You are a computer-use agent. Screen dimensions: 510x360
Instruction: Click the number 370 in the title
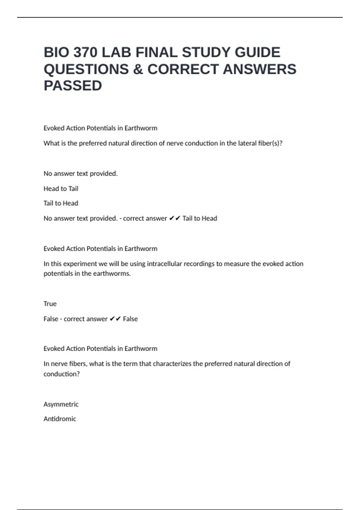(x=85, y=52)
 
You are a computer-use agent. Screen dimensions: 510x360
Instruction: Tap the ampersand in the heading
(x=138, y=69)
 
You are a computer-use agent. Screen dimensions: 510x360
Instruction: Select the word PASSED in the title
(x=73, y=86)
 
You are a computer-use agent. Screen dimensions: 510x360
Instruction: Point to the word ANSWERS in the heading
(x=259, y=69)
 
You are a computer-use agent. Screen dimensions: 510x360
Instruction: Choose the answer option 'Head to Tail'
(x=61, y=189)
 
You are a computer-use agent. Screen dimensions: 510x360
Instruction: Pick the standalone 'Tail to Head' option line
(x=61, y=203)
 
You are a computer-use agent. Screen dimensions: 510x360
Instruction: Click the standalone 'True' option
(x=50, y=304)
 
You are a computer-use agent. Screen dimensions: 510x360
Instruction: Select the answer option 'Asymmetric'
(x=61, y=404)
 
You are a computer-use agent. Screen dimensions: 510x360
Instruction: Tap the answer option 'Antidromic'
(x=60, y=419)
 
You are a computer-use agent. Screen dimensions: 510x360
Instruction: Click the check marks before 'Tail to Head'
(x=175, y=218)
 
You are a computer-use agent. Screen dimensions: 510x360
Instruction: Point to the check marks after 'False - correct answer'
(x=115, y=319)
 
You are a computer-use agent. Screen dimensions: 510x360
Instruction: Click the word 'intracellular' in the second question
(x=164, y=264)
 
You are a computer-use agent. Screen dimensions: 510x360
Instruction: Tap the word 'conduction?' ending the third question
(x=62, y=374)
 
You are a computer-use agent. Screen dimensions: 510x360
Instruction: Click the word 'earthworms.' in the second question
(x=113, y=274)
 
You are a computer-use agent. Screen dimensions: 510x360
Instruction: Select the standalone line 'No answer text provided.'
(x=81, y=174)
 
